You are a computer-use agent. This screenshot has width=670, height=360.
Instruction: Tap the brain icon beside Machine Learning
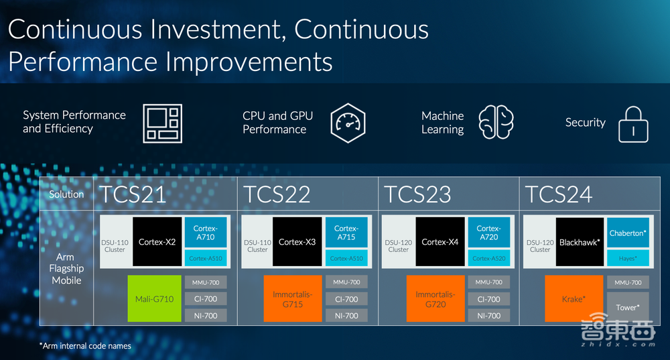click(x=496, y=122)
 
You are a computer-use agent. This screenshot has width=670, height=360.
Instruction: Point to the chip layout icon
click(x=162, y=123)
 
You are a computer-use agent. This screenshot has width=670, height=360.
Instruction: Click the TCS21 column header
click(x=133, y=194)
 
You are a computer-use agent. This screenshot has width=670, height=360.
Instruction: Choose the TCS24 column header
click(x=559, y=194)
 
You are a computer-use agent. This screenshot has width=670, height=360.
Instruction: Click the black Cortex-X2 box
click(x=157, y=241)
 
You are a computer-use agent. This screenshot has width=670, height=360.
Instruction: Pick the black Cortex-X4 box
click(x=440, y=241)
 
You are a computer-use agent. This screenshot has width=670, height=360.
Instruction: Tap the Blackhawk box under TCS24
click(x=580, y=242)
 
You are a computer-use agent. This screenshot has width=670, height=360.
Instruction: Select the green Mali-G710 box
click(x=154, y=298)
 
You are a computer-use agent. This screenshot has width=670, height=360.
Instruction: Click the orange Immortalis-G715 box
click(x=293, y=298)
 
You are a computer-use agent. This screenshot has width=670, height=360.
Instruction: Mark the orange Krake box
click(x=574, y=298)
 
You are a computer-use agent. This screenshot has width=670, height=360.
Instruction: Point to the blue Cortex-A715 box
click(x=346, y=232)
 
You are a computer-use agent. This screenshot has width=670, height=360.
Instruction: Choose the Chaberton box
click(x=628, y=233)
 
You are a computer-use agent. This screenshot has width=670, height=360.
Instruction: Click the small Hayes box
click(x=628, y=258)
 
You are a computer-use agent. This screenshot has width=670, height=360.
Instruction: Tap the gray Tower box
click(x=628, y=306)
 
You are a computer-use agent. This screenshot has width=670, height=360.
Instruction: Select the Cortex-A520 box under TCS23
click(x=489, y=258)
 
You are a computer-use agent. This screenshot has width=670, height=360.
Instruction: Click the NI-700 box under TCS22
click(x=346, y=316)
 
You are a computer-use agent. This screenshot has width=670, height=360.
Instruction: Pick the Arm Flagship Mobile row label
click(x=66, y=269)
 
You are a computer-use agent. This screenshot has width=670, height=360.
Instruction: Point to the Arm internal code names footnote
click(x=86, y=346)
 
